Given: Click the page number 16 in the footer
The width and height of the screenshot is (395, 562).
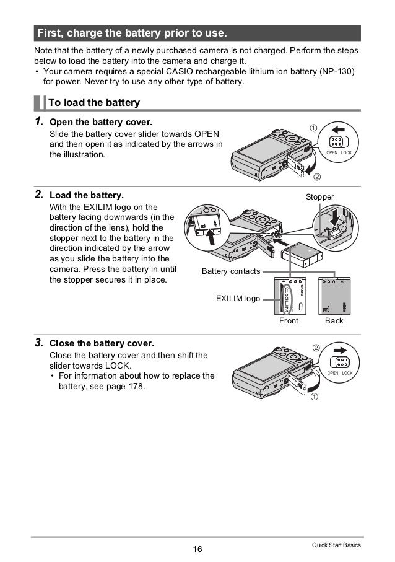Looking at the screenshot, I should (x=197, y=548).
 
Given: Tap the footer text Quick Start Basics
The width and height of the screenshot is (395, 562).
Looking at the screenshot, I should (x=337, y=545).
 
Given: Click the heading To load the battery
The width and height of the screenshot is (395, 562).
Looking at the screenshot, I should (x=98, y=102).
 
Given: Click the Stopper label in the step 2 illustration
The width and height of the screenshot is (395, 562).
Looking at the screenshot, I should (x=320, y=197).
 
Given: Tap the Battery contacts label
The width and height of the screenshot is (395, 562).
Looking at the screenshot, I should (x=231, y=271).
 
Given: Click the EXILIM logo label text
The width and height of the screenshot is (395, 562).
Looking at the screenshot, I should (x=238, y=299).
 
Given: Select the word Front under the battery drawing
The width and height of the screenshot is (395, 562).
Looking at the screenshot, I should (x=289, y=321).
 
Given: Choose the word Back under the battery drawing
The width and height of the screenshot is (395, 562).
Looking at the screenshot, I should (x=334, y=321).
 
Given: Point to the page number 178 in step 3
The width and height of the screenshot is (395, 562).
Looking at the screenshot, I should (x=136, y=387).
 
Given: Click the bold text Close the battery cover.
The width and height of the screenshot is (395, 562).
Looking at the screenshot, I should (x=102, y=343).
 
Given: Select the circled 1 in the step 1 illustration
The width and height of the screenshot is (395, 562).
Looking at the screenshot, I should (x=313, y=128).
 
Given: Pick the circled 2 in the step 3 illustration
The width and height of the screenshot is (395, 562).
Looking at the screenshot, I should (x=316, y=348).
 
